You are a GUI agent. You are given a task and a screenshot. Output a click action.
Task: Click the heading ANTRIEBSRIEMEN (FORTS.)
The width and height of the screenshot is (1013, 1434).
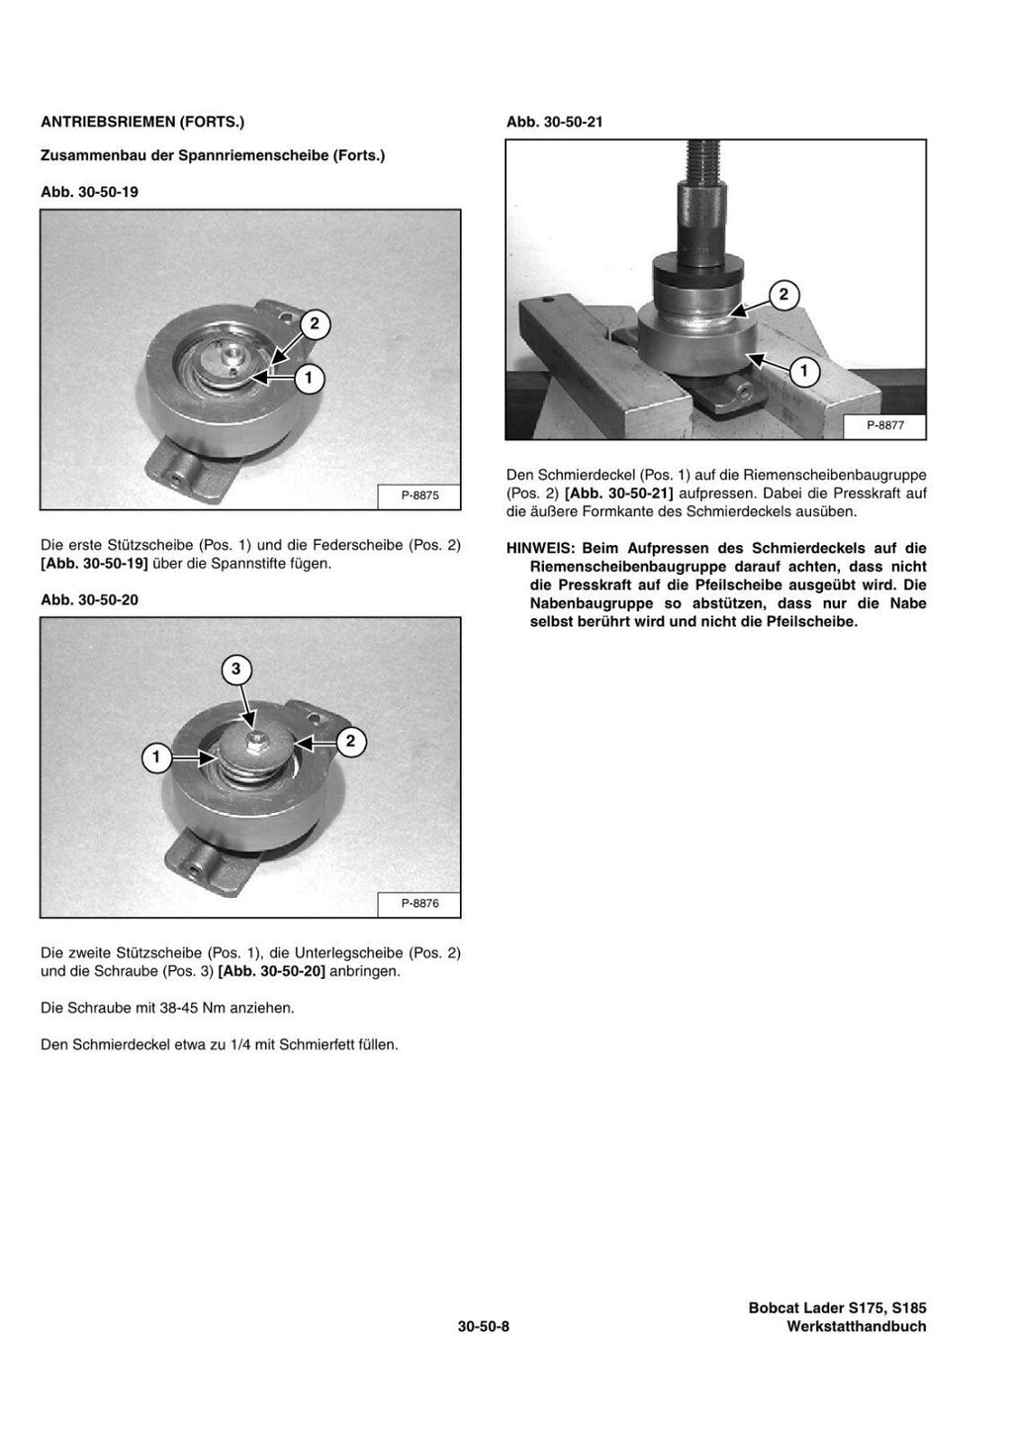tap(141, 122)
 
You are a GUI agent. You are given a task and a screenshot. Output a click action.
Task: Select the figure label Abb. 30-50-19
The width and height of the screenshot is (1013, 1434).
tap(89, 192)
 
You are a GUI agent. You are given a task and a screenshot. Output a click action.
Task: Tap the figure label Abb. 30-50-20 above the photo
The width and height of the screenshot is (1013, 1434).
tap(89, 600)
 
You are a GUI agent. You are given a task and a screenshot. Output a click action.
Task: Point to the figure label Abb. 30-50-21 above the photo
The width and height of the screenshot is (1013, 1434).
tap(555, 122)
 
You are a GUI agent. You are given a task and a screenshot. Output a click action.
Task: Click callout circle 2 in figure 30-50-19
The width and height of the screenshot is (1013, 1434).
tap(315, 324)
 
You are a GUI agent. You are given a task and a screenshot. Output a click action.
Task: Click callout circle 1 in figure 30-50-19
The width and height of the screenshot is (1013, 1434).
tap(309, 377)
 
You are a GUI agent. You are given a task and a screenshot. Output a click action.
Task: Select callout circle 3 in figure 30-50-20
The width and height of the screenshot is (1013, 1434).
tap(235, 670)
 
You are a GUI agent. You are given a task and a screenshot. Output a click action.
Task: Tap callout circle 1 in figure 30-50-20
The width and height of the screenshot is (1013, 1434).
tap(155, 759)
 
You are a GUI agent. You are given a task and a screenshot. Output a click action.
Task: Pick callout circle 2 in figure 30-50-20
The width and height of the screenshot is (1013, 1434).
tap(350, 741)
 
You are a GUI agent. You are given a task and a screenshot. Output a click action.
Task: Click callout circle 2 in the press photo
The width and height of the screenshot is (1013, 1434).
tap(783, 294)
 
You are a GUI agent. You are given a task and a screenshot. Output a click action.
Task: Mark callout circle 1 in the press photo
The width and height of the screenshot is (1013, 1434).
tap(804, 372)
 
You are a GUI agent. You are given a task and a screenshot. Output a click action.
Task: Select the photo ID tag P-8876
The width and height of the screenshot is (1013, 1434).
tap(419, 903)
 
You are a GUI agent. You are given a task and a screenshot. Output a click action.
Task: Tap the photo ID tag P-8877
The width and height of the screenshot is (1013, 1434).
tap(885, 426)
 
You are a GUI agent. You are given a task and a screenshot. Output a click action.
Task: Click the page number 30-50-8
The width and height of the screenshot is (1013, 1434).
tap(483, 1327)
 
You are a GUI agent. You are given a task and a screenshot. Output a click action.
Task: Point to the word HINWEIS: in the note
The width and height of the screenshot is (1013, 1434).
tap(540, 548)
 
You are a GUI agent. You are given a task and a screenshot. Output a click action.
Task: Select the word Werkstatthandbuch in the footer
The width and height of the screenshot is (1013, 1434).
tap(856, 1327)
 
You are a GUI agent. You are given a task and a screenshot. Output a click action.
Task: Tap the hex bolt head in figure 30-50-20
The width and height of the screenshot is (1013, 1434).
tap(254, 740)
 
